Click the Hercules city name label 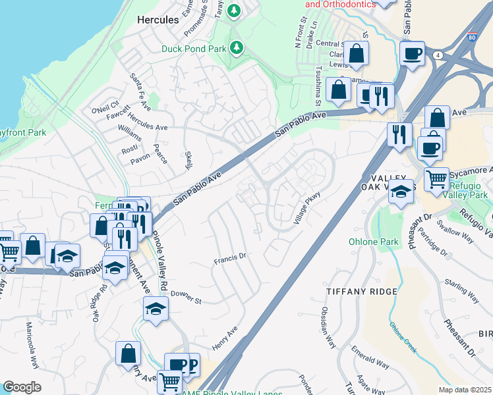[158, 20]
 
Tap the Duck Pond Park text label [194, 48]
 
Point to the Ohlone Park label [374, 242]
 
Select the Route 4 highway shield [438, 55]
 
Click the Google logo [22, 386]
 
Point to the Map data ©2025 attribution [465, 390]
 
